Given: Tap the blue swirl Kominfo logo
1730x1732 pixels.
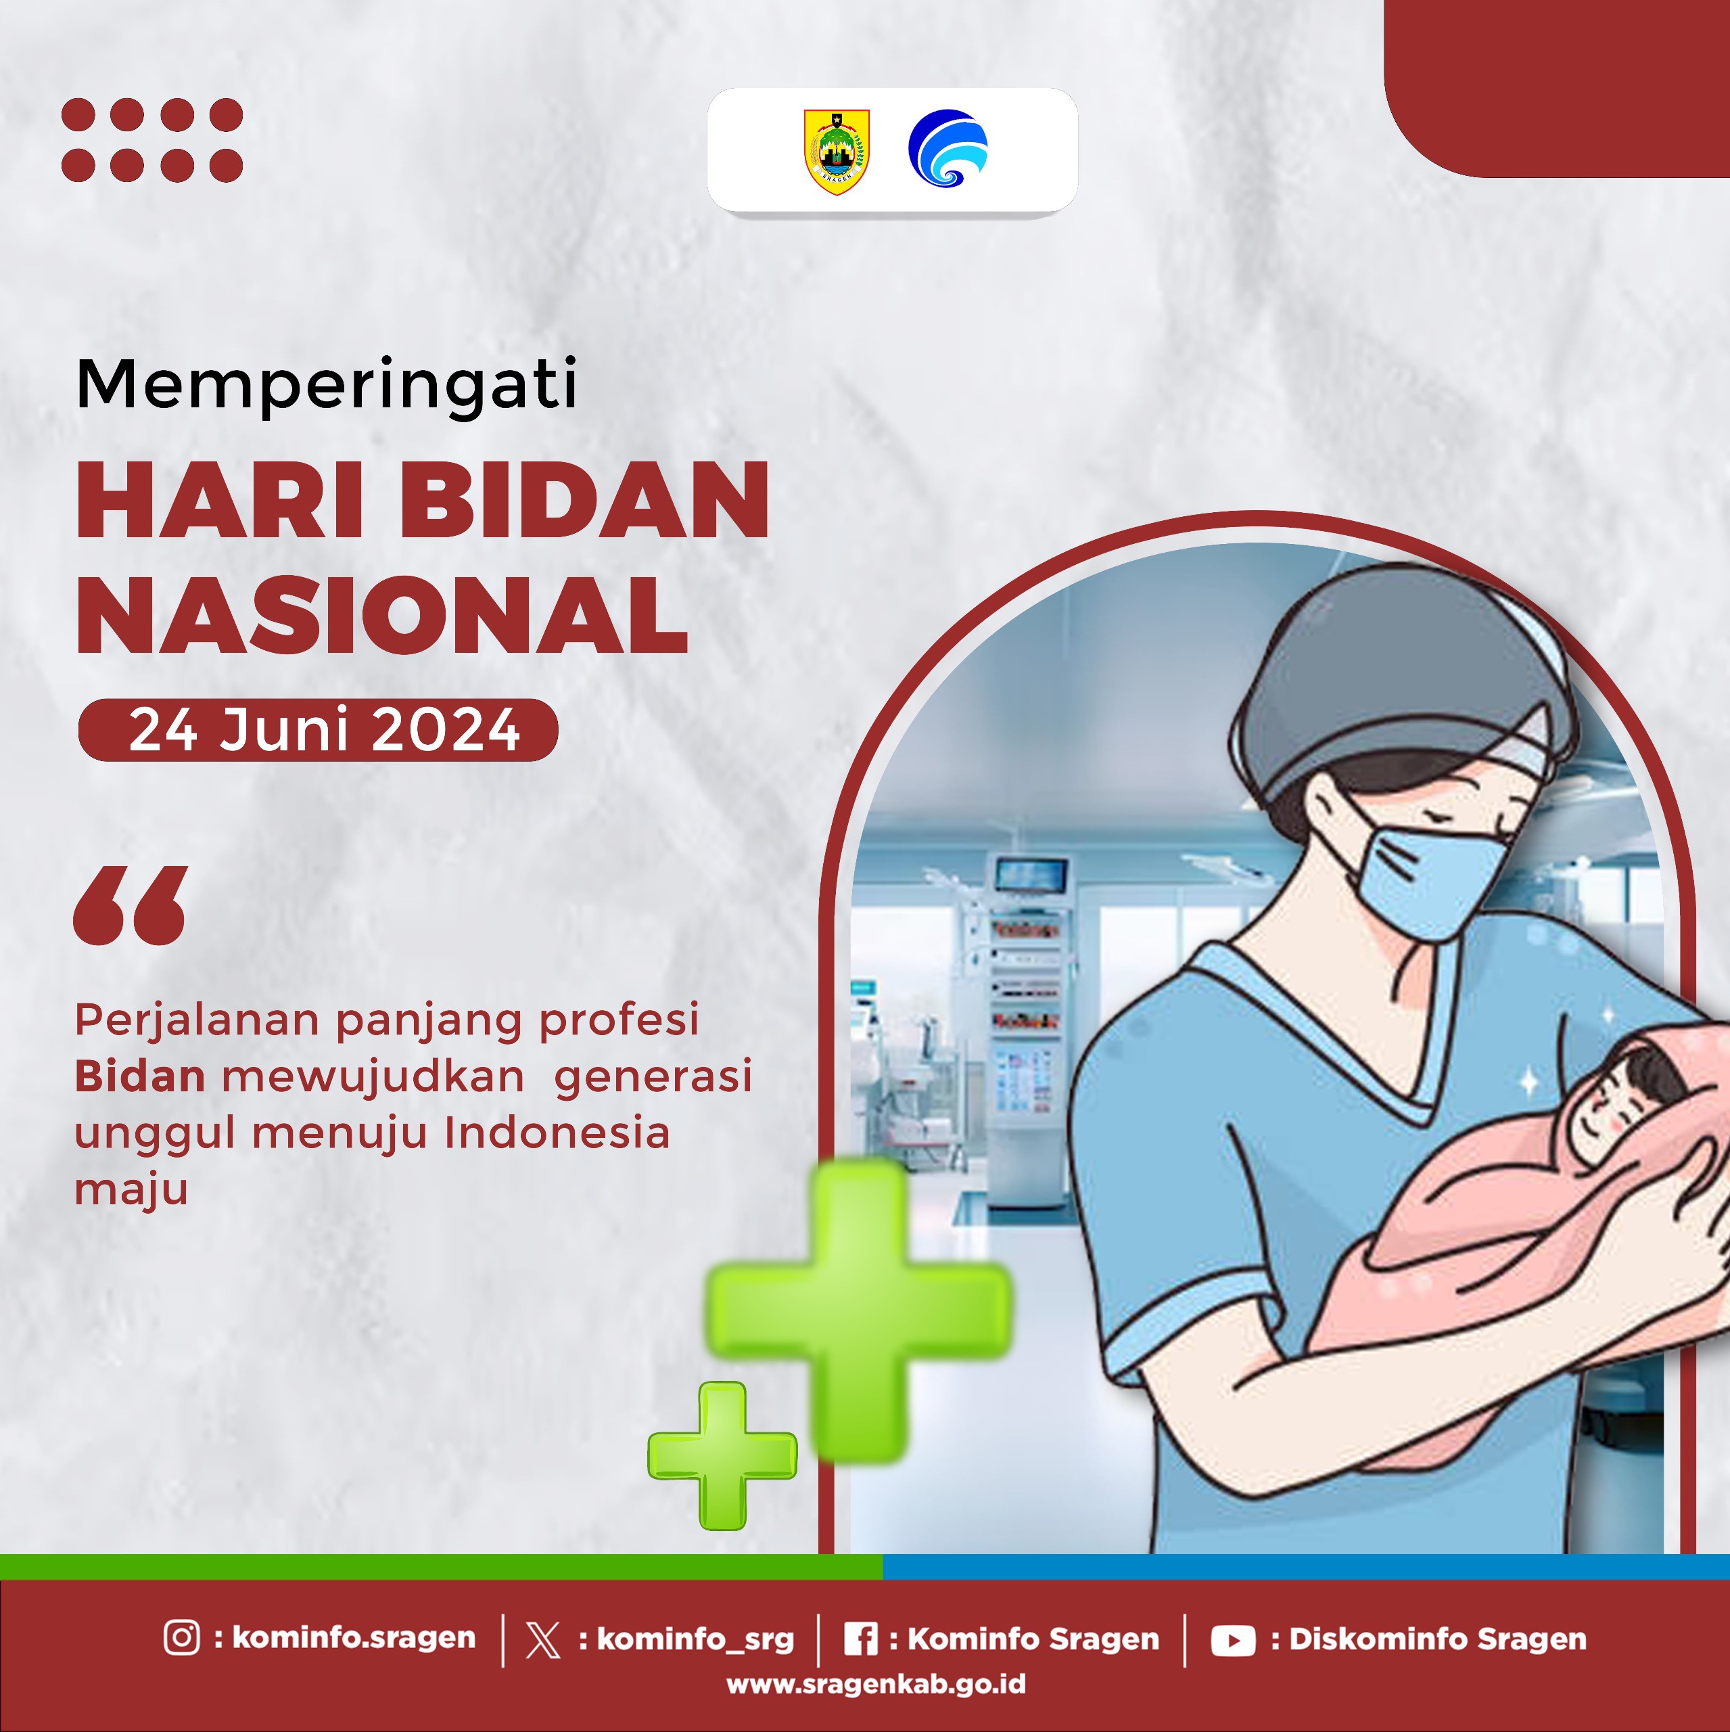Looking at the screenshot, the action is (x=948, y=148).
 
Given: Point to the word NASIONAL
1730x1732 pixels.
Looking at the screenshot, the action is (x=383, y=615).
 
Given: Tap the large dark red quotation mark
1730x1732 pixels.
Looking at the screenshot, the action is (x=131, y=905).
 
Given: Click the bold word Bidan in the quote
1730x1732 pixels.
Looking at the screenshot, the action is (x=140, y=1076).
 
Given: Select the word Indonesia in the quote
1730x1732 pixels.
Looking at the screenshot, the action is (x=557, y=1133).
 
